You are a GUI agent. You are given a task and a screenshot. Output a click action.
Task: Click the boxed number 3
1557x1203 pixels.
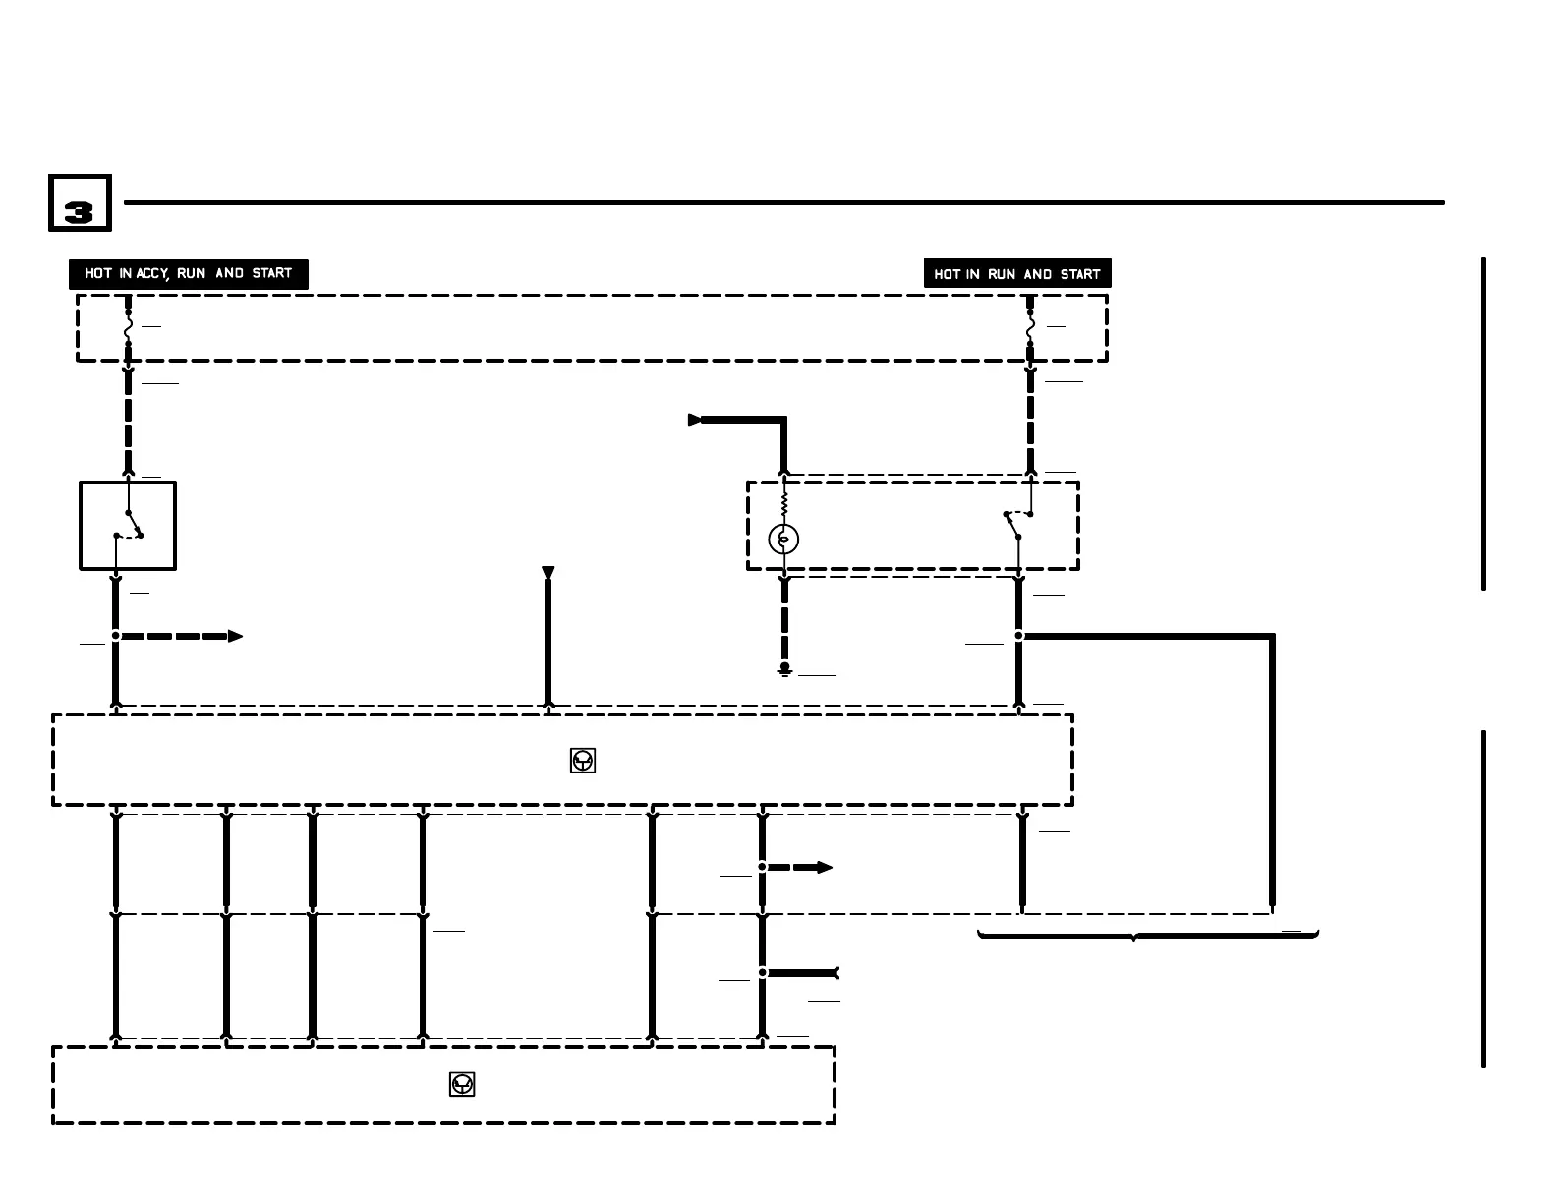tap(79, 204)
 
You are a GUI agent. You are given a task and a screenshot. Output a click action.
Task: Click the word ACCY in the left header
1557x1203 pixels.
tap(151, 274)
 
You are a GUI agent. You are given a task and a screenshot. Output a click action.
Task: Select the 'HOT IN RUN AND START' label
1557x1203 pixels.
tap(1016, 274)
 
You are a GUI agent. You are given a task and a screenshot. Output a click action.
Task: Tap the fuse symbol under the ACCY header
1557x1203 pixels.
tap(128, 328)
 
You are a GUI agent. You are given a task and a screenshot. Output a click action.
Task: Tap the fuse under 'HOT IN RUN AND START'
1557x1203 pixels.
tap(1030, 328)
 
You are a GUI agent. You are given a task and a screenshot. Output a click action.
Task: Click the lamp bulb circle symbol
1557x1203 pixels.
tap(783, 539)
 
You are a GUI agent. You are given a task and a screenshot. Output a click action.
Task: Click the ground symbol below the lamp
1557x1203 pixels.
tap(784, 670)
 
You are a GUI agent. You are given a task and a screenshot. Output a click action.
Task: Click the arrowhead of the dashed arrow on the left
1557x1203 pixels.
tap(236, 636)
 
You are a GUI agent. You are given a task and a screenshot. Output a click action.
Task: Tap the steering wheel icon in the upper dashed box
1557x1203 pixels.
tap(583, 761)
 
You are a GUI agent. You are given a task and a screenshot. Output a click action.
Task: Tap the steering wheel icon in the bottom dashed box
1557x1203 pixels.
tap(462, 1084)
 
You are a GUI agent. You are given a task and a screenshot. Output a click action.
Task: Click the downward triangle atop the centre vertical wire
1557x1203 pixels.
tap(548, 573)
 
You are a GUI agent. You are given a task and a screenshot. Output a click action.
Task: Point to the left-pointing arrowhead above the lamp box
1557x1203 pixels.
tap(695, 420)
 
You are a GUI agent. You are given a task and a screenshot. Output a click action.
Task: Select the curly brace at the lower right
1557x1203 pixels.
tap(1147, 935)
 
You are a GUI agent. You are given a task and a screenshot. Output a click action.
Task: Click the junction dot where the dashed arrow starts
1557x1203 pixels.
tap(116, 636)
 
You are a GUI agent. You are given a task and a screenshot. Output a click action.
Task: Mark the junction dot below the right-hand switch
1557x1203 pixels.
tap(1018, 636)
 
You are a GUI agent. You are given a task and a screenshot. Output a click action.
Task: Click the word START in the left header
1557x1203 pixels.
tap(271, 274)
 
